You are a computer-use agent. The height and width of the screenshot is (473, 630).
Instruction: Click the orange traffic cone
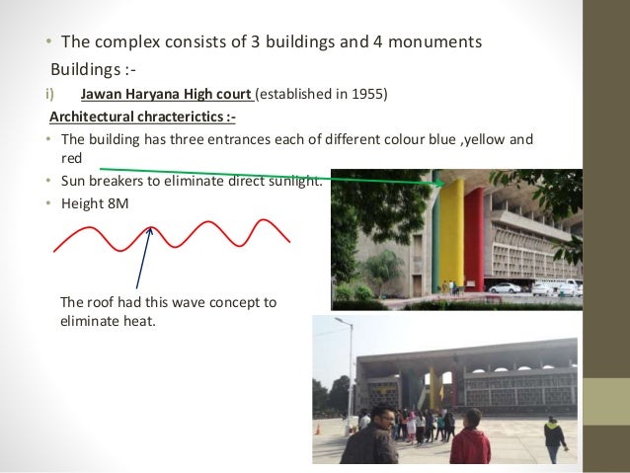(319, 430)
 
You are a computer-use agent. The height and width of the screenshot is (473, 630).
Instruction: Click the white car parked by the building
(505, 287)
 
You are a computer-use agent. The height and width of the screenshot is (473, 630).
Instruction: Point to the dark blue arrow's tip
(150, 229)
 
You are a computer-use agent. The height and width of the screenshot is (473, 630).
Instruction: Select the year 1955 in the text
(370, 95)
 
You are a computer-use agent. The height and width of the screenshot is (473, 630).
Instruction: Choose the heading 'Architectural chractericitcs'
(141, 118)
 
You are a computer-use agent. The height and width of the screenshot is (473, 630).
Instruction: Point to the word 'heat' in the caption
(138, 320)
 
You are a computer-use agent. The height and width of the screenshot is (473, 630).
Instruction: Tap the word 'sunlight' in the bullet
(293, 182)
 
